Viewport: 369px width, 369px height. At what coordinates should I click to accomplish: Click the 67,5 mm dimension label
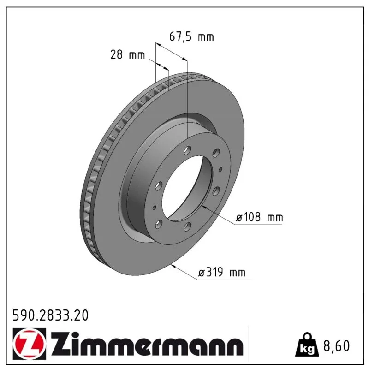click(191, 37)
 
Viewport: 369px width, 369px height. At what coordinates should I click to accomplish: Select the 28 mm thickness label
click(128, 55)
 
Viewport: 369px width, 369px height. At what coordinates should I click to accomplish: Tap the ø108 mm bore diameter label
click(259, 217)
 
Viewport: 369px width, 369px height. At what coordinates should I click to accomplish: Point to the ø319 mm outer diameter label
click(222, 273)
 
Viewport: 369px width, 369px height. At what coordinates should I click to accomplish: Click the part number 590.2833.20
click(50, 315)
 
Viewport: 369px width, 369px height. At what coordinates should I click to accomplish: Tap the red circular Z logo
click(30, 344)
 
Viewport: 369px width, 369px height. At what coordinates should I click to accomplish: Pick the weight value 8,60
click(337, 345)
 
